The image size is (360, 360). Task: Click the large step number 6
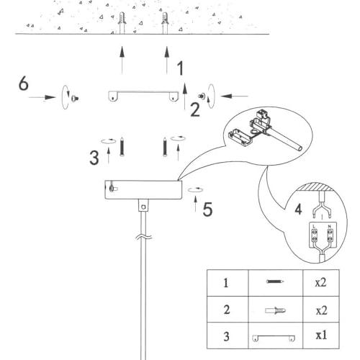point(24,84)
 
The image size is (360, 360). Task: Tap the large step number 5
point(207,210)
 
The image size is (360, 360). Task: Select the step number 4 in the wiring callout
point(298,210)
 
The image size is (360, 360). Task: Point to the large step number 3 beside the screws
point(94,158)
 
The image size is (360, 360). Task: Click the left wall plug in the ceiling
point(122,23)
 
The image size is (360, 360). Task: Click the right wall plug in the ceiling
point(165,23)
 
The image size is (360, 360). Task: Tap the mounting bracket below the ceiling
point(143,96)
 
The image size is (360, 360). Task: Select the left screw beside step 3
point(122,147)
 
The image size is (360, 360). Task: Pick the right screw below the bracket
point(165,147)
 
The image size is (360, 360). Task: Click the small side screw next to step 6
point(75,98)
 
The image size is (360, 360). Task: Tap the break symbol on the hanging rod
point(143,237)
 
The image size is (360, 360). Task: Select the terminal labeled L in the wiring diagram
point(315,235)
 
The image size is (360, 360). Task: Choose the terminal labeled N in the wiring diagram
point(330,235)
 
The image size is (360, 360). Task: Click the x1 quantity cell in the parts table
point(321,336)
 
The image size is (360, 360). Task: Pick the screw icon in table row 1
point(275,282)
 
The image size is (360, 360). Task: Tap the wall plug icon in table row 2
point(276,310)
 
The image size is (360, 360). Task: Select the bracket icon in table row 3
point(274,338)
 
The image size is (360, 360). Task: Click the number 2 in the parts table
point(227,310)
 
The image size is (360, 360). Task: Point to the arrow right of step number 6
point(42,97)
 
